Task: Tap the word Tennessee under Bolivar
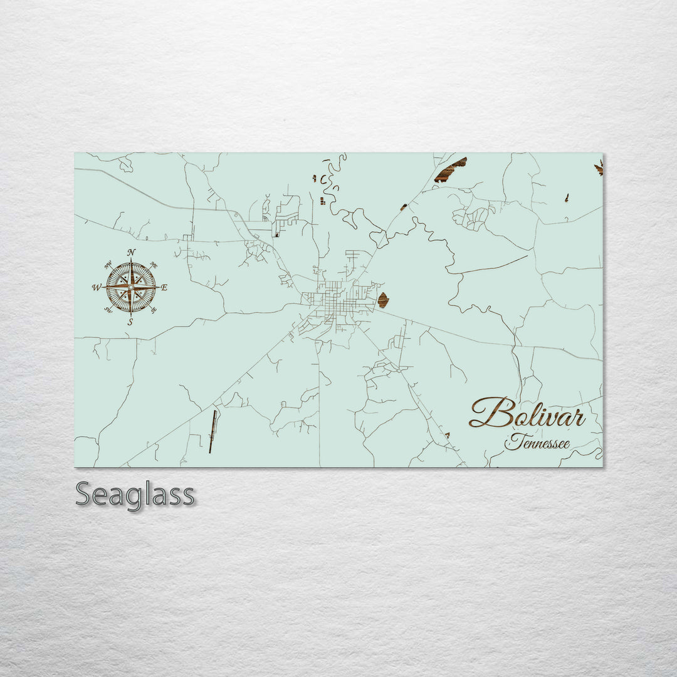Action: (x=537, y=443)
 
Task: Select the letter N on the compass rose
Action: (x=131, y=252)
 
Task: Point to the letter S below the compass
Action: (x=130, y=322)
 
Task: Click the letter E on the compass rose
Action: (x=164, y=288)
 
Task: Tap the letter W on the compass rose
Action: (x=97, y=288)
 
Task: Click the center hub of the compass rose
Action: (x=130, y=287)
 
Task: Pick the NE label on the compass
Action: (x=154, y=265)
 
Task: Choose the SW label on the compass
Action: (x=108, y=310)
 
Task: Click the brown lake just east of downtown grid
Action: (x=382, y=300)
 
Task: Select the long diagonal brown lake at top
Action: (x=451, y=170)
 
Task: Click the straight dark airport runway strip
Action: (x=213, y=431)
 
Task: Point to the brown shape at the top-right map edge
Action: (x=599, y=167)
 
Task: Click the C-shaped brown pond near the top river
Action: (x=323, y=180)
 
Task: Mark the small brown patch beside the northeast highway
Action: (x=404, y=207)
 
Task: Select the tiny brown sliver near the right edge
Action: (x=567, y=197)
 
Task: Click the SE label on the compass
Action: (x=154, y=310)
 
